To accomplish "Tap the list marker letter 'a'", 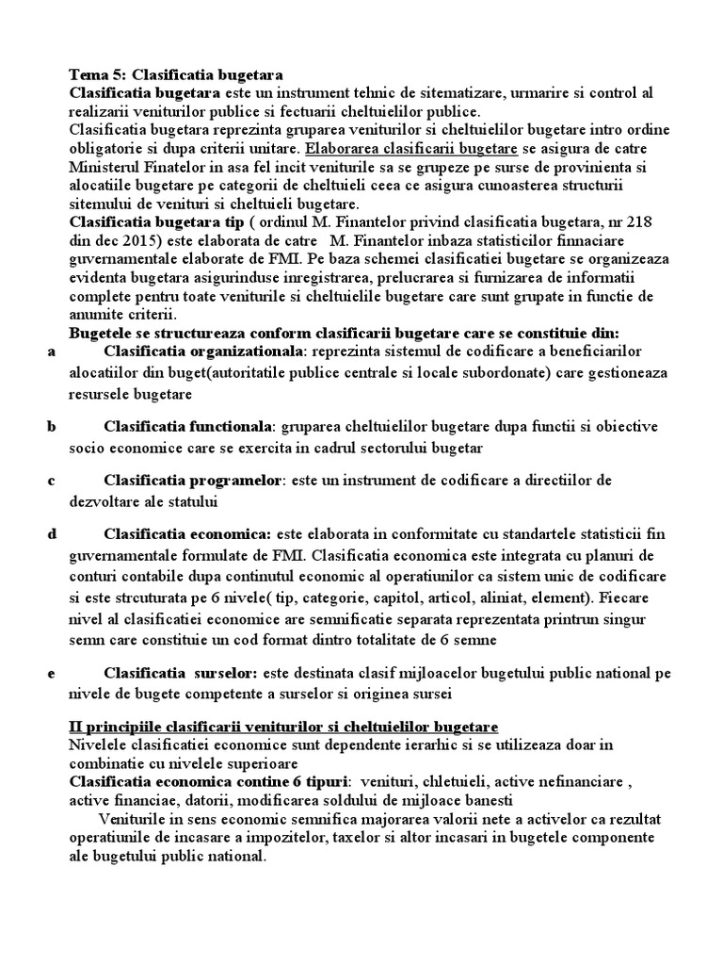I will pyautogui.click(x=50, y=351).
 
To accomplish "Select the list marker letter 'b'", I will pyautogui.click(x=50, y=426).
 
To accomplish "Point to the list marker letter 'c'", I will pyautogui.click(x=50, y=481).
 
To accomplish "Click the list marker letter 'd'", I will pyautogui.click(x=50, y=534).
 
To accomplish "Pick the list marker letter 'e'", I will pyautogui.click(x=50, y=674).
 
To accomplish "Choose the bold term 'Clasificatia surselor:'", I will pyautogui.click(x=181, y=674).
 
